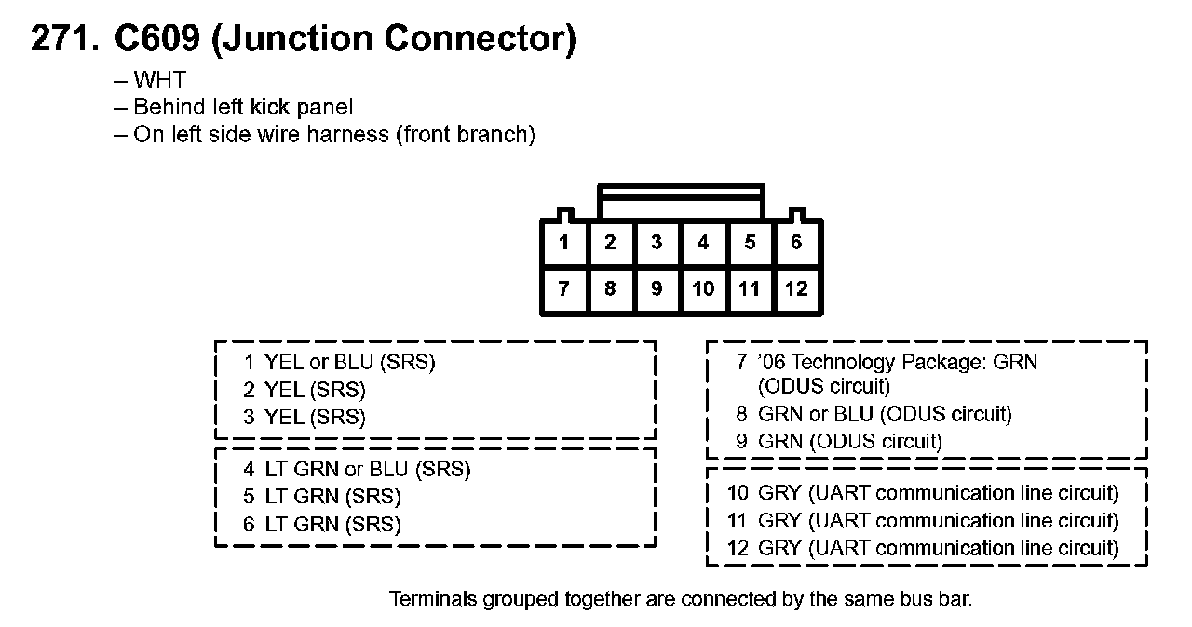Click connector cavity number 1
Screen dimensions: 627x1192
click(564, 244)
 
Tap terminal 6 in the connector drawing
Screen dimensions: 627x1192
click(796, 244)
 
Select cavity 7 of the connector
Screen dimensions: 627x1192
click(564, 289)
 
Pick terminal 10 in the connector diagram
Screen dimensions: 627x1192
click(703, 289)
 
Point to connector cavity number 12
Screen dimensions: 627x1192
click(796, 289)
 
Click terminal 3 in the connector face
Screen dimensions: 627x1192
click(657, 244)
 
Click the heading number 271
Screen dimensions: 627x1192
click(64, 39)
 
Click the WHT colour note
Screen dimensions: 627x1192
click(159, 81)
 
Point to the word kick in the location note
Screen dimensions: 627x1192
click(270, 108)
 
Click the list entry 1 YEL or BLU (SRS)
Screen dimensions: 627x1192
click(340, 363)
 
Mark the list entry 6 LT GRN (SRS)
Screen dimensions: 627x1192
click(322, 525)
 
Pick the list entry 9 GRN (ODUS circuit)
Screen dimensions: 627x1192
click(839, 442)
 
